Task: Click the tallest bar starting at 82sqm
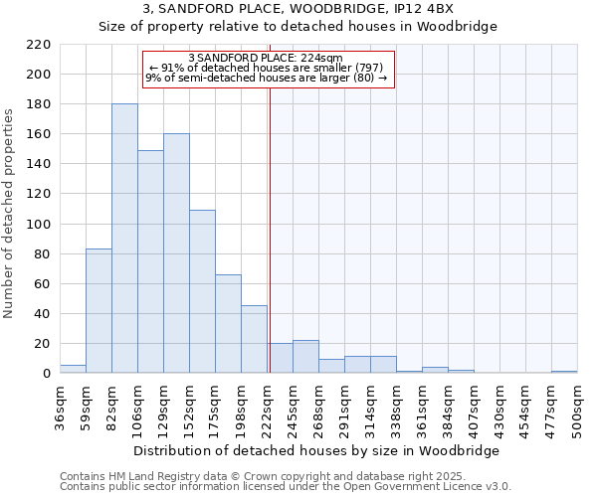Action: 124,239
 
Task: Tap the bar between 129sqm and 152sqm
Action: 176,253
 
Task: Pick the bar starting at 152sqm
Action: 202,291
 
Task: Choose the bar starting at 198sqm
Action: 254,339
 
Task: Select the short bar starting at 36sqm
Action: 73,369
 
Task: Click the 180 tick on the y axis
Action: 39,104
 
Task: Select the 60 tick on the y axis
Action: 43,284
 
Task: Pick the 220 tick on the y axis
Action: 39,45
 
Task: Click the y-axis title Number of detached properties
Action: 10,209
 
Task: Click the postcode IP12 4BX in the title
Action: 420,9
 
